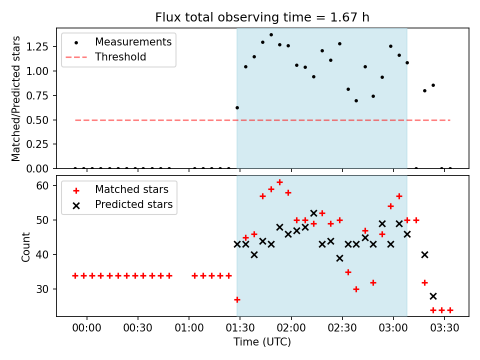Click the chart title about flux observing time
262,17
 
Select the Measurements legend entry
133,41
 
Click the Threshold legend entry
120,57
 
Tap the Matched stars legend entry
131,189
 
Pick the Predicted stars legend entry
133,204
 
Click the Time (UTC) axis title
262,342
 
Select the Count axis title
26,246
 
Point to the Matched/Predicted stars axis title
16,98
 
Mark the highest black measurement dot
271,35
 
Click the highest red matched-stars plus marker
279,182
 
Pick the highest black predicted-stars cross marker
313,213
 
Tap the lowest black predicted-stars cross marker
433,296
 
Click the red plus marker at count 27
237,299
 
